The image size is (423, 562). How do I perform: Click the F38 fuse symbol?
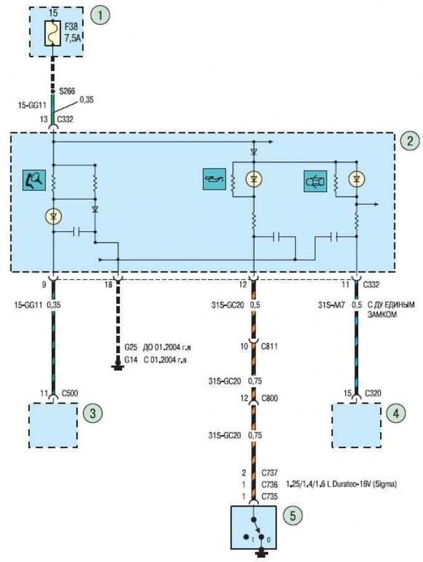click(52, 34)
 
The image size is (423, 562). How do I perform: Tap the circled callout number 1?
click(100, 15)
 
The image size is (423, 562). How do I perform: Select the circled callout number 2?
click(409, 140)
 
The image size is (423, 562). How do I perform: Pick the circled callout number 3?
click(93, 413)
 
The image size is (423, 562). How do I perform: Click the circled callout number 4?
click(396, 413)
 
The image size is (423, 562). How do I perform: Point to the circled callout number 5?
click(293, 516)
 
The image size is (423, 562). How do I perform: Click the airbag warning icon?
click(34, 180)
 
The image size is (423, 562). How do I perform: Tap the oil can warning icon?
click(214, 178)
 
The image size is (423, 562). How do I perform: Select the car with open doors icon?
click(315, 181)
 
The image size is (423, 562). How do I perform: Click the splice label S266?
click(67, 91)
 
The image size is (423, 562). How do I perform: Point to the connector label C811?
click(269, 347)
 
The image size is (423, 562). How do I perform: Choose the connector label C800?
click(269, 398)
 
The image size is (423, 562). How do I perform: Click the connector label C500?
click(70, 393)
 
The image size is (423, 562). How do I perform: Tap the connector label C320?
click(373, 393)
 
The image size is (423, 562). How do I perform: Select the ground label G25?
click(131, 348)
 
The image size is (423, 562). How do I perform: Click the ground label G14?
click(131, 359)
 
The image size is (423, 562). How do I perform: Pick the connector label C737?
click(269, 473)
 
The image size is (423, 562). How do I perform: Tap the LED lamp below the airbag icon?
click(53, 216)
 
